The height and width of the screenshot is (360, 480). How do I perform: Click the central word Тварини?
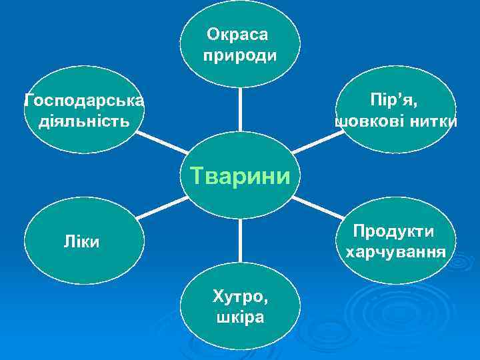240,177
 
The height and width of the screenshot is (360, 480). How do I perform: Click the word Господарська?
84,101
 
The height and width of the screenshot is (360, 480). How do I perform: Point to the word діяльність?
84,123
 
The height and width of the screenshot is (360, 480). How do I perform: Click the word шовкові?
377,123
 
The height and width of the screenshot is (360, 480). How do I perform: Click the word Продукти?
394,231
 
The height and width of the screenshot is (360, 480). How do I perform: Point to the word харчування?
395,253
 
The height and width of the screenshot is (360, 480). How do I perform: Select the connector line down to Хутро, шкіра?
240,240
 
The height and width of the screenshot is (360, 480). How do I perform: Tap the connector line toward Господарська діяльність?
164,142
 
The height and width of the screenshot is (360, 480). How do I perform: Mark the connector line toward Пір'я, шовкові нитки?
316,141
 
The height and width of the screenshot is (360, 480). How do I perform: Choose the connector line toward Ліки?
160,209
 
